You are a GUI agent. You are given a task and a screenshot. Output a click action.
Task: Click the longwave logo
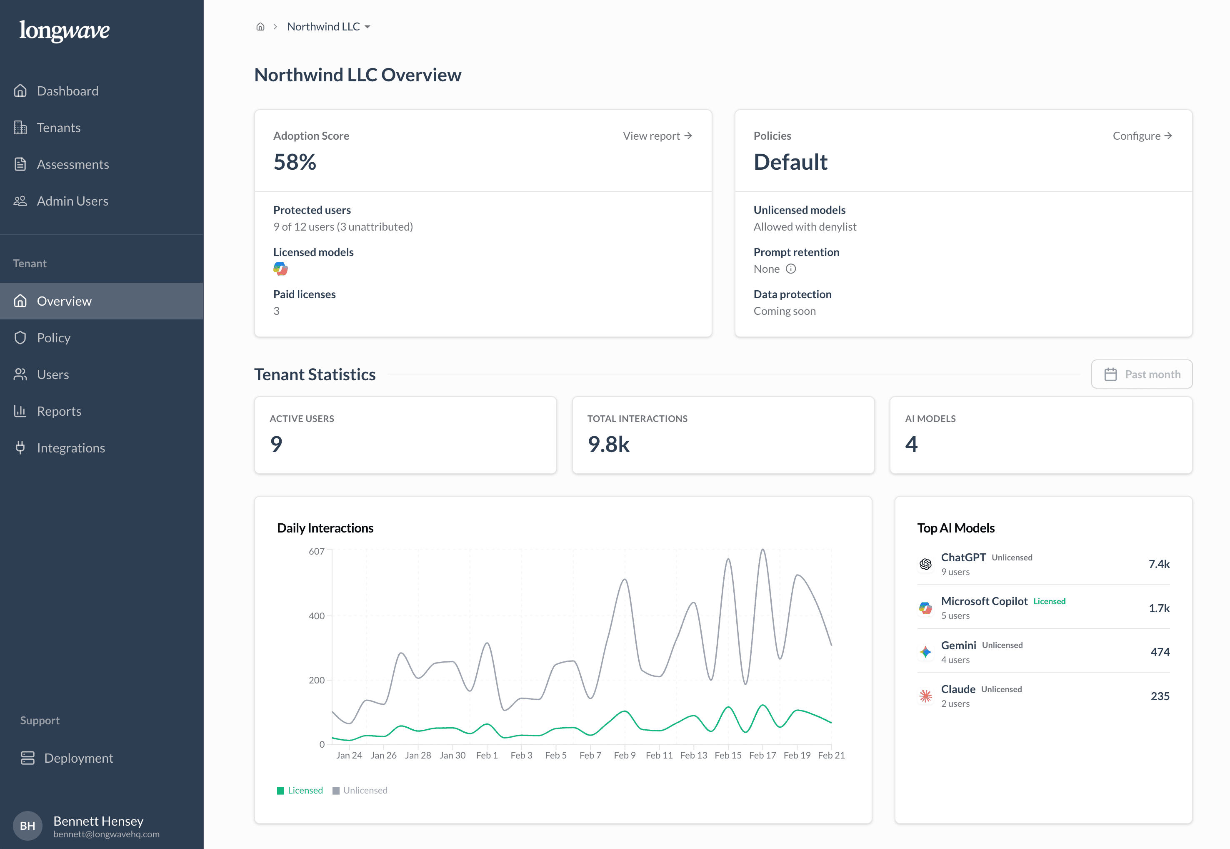point(64,30)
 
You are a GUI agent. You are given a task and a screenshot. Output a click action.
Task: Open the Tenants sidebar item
point(58,128)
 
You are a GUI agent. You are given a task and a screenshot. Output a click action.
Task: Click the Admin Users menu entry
point(72,201)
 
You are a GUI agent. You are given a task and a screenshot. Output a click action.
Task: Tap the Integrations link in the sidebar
point(71,448)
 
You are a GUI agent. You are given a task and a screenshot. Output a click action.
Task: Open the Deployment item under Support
point(78,758)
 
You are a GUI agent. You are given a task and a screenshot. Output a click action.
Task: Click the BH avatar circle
point(27,826)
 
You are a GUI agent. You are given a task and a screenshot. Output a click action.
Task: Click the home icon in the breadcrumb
point(260,27)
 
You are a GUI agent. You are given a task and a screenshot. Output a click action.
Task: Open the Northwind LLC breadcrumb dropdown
point(328,27)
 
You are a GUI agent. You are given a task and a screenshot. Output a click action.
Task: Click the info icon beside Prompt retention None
point(791,269)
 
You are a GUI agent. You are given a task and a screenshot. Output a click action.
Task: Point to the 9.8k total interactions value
point(609,444)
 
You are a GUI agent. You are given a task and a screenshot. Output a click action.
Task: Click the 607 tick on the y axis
point(316,551)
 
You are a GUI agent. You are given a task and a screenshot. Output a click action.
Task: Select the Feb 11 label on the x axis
point(659,755)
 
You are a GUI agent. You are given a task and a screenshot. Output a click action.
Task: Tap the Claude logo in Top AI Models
point(925,696)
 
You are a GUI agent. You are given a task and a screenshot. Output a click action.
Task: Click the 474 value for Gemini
point(1160,652)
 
